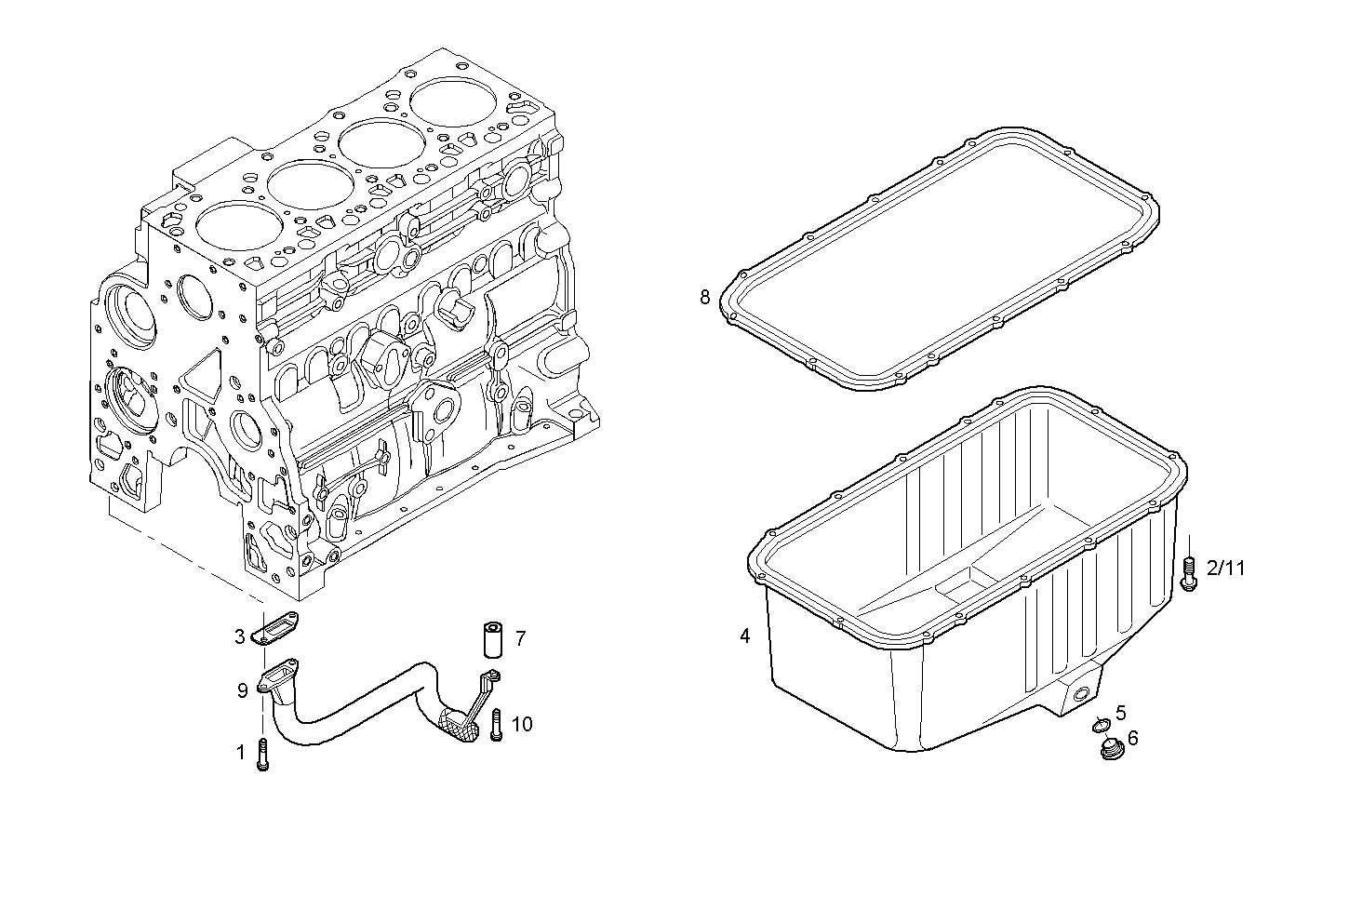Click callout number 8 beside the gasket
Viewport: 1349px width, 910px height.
pos(705,298)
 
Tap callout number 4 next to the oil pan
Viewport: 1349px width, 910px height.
pos(744,636)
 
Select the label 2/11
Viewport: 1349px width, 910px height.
pos(1225,567)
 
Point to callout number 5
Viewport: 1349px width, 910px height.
pos(1120,713)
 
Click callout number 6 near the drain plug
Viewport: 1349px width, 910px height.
pos(1132,738)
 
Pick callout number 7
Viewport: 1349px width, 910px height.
pos(520,638)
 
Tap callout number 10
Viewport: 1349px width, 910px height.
pos(522,724)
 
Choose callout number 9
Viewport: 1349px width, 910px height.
pos(242,690)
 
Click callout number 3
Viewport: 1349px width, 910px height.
pos(240,636)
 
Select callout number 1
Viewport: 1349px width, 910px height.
pos(241,753)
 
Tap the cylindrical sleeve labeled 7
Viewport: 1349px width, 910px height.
pos(491,640)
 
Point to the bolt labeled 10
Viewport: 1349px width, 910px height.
pos(496,725)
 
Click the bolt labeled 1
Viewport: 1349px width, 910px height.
pos(263,753)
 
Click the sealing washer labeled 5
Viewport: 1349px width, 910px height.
pos(1101,725)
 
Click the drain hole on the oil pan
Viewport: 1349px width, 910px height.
pos(1079,695)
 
